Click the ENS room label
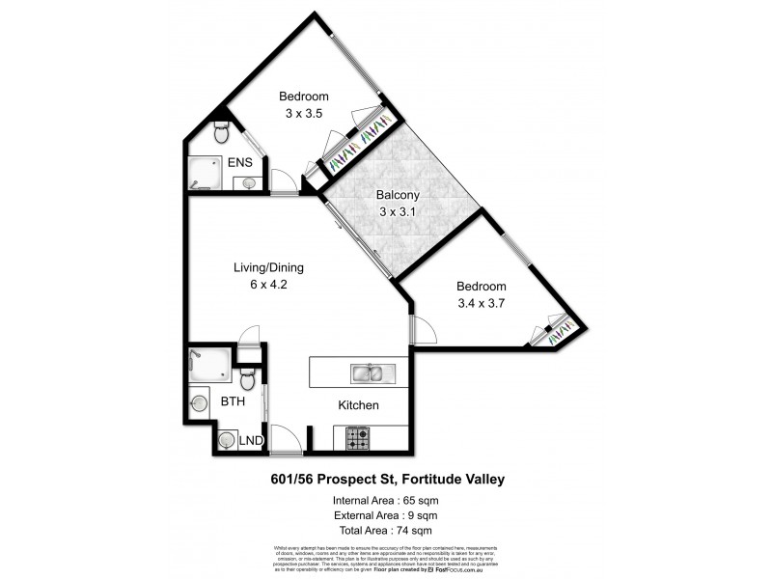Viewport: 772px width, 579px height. (x=239, y=162)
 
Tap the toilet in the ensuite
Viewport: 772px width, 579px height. (x=220, y=130)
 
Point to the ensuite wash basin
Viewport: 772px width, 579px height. (x=248, y=182)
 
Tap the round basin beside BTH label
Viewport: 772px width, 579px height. (x=200, y=403)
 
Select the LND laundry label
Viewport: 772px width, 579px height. (x=252, y=441)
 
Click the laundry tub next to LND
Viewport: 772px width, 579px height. (x=226, y=441)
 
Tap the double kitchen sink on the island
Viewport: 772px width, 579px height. (x=367, y=372)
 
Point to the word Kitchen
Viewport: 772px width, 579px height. (x=357, y=405)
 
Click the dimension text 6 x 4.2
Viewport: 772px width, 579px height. (x=269, y=285)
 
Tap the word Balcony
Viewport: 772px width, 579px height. (x=400, y=194)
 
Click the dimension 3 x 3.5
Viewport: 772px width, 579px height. (x=303, y=113)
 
